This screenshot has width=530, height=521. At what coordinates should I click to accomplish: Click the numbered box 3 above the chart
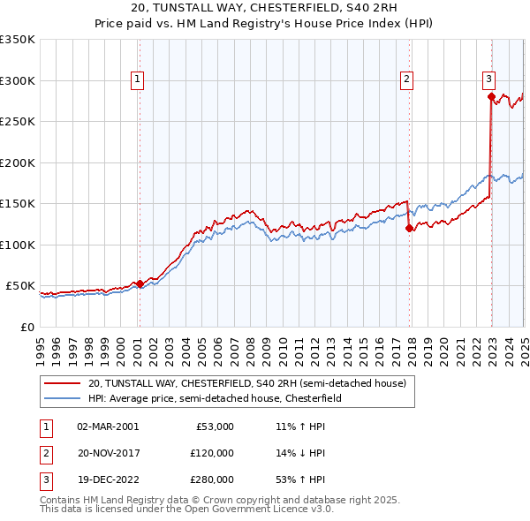488,79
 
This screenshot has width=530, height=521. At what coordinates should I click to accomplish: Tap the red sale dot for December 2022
491,97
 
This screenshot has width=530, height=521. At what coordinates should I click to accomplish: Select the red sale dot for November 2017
409,229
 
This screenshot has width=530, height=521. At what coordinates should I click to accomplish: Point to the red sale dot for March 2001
140,283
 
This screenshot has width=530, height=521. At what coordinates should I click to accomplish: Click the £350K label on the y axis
18,40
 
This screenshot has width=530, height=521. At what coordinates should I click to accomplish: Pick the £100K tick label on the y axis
18,245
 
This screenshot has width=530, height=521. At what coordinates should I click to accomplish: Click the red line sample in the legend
64,384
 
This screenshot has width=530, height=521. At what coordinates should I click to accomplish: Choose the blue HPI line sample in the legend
64,399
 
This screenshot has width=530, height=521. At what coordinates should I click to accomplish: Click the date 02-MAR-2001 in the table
108,427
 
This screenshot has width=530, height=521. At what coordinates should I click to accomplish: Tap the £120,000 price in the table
212,453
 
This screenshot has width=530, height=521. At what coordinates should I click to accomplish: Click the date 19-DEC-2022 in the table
108,479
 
